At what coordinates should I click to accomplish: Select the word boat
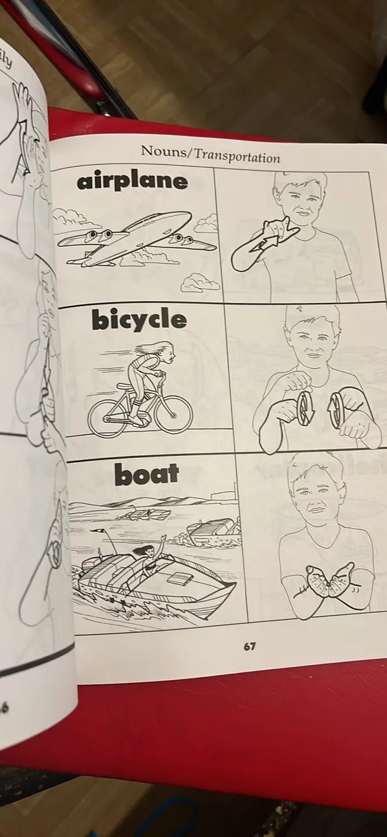(x=146, y=474)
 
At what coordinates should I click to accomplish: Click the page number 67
(x=249, y=646)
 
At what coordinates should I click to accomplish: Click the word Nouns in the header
(x=165, y=152)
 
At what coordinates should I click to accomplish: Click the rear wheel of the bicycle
(x=107, y=417)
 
